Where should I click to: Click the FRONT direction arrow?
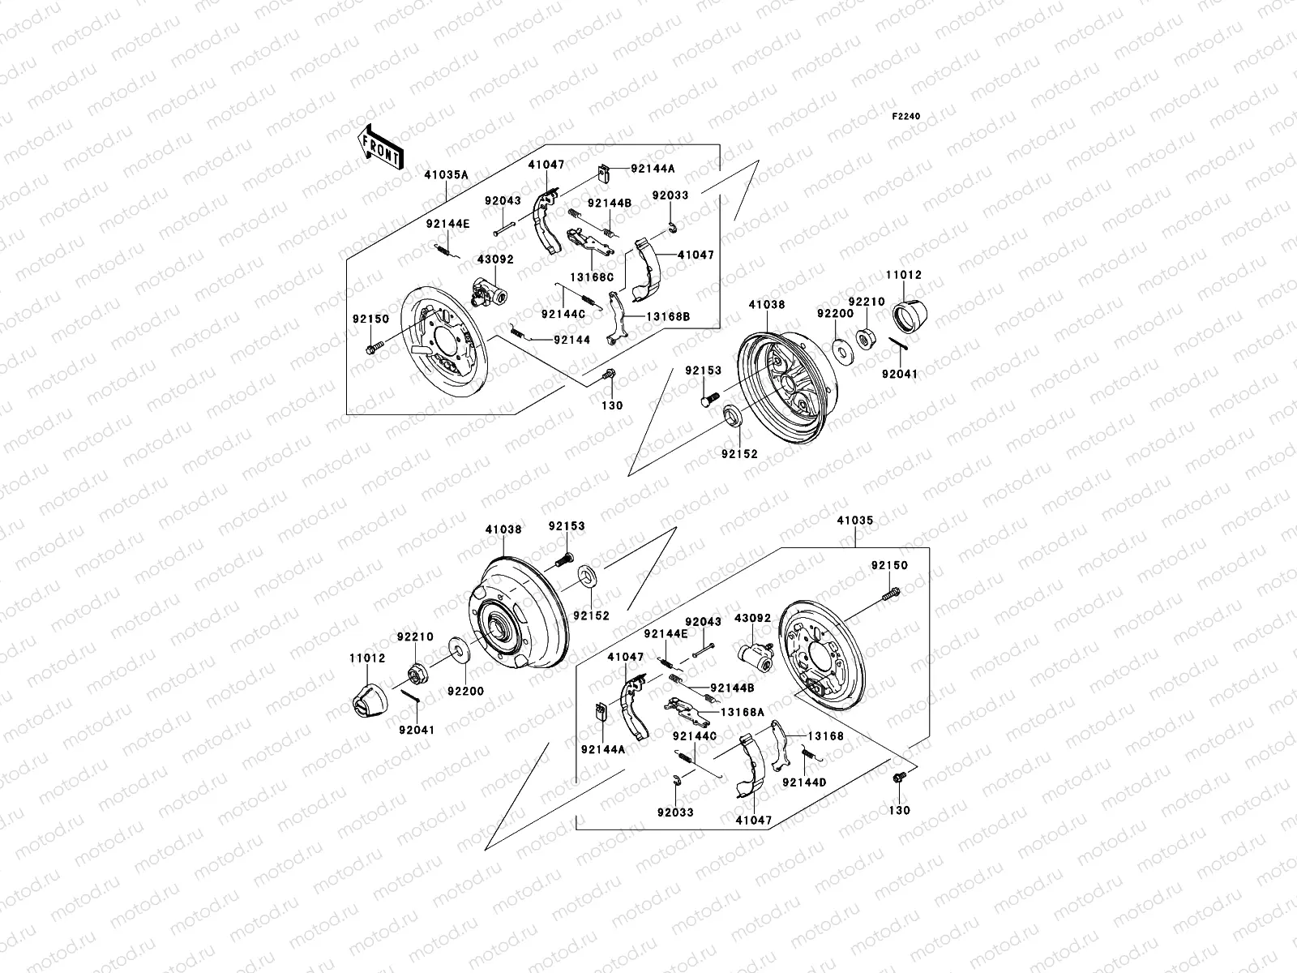pyautogui.click(x=382, y=147)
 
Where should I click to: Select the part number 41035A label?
pyautogui.click(x=446, y=174)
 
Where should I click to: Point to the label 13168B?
pyautogui.click(x=669, y=317)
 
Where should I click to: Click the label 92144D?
pyautogui.click(x=804, y=783)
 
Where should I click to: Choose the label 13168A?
pyautogui.click(x=743, y=712)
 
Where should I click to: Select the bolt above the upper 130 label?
pyautogui.click(x=610, y=375)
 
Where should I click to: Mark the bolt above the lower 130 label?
pyautogui.click(x=897, y=778)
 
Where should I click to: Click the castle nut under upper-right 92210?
pyautogui.click(x=865, y=338)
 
